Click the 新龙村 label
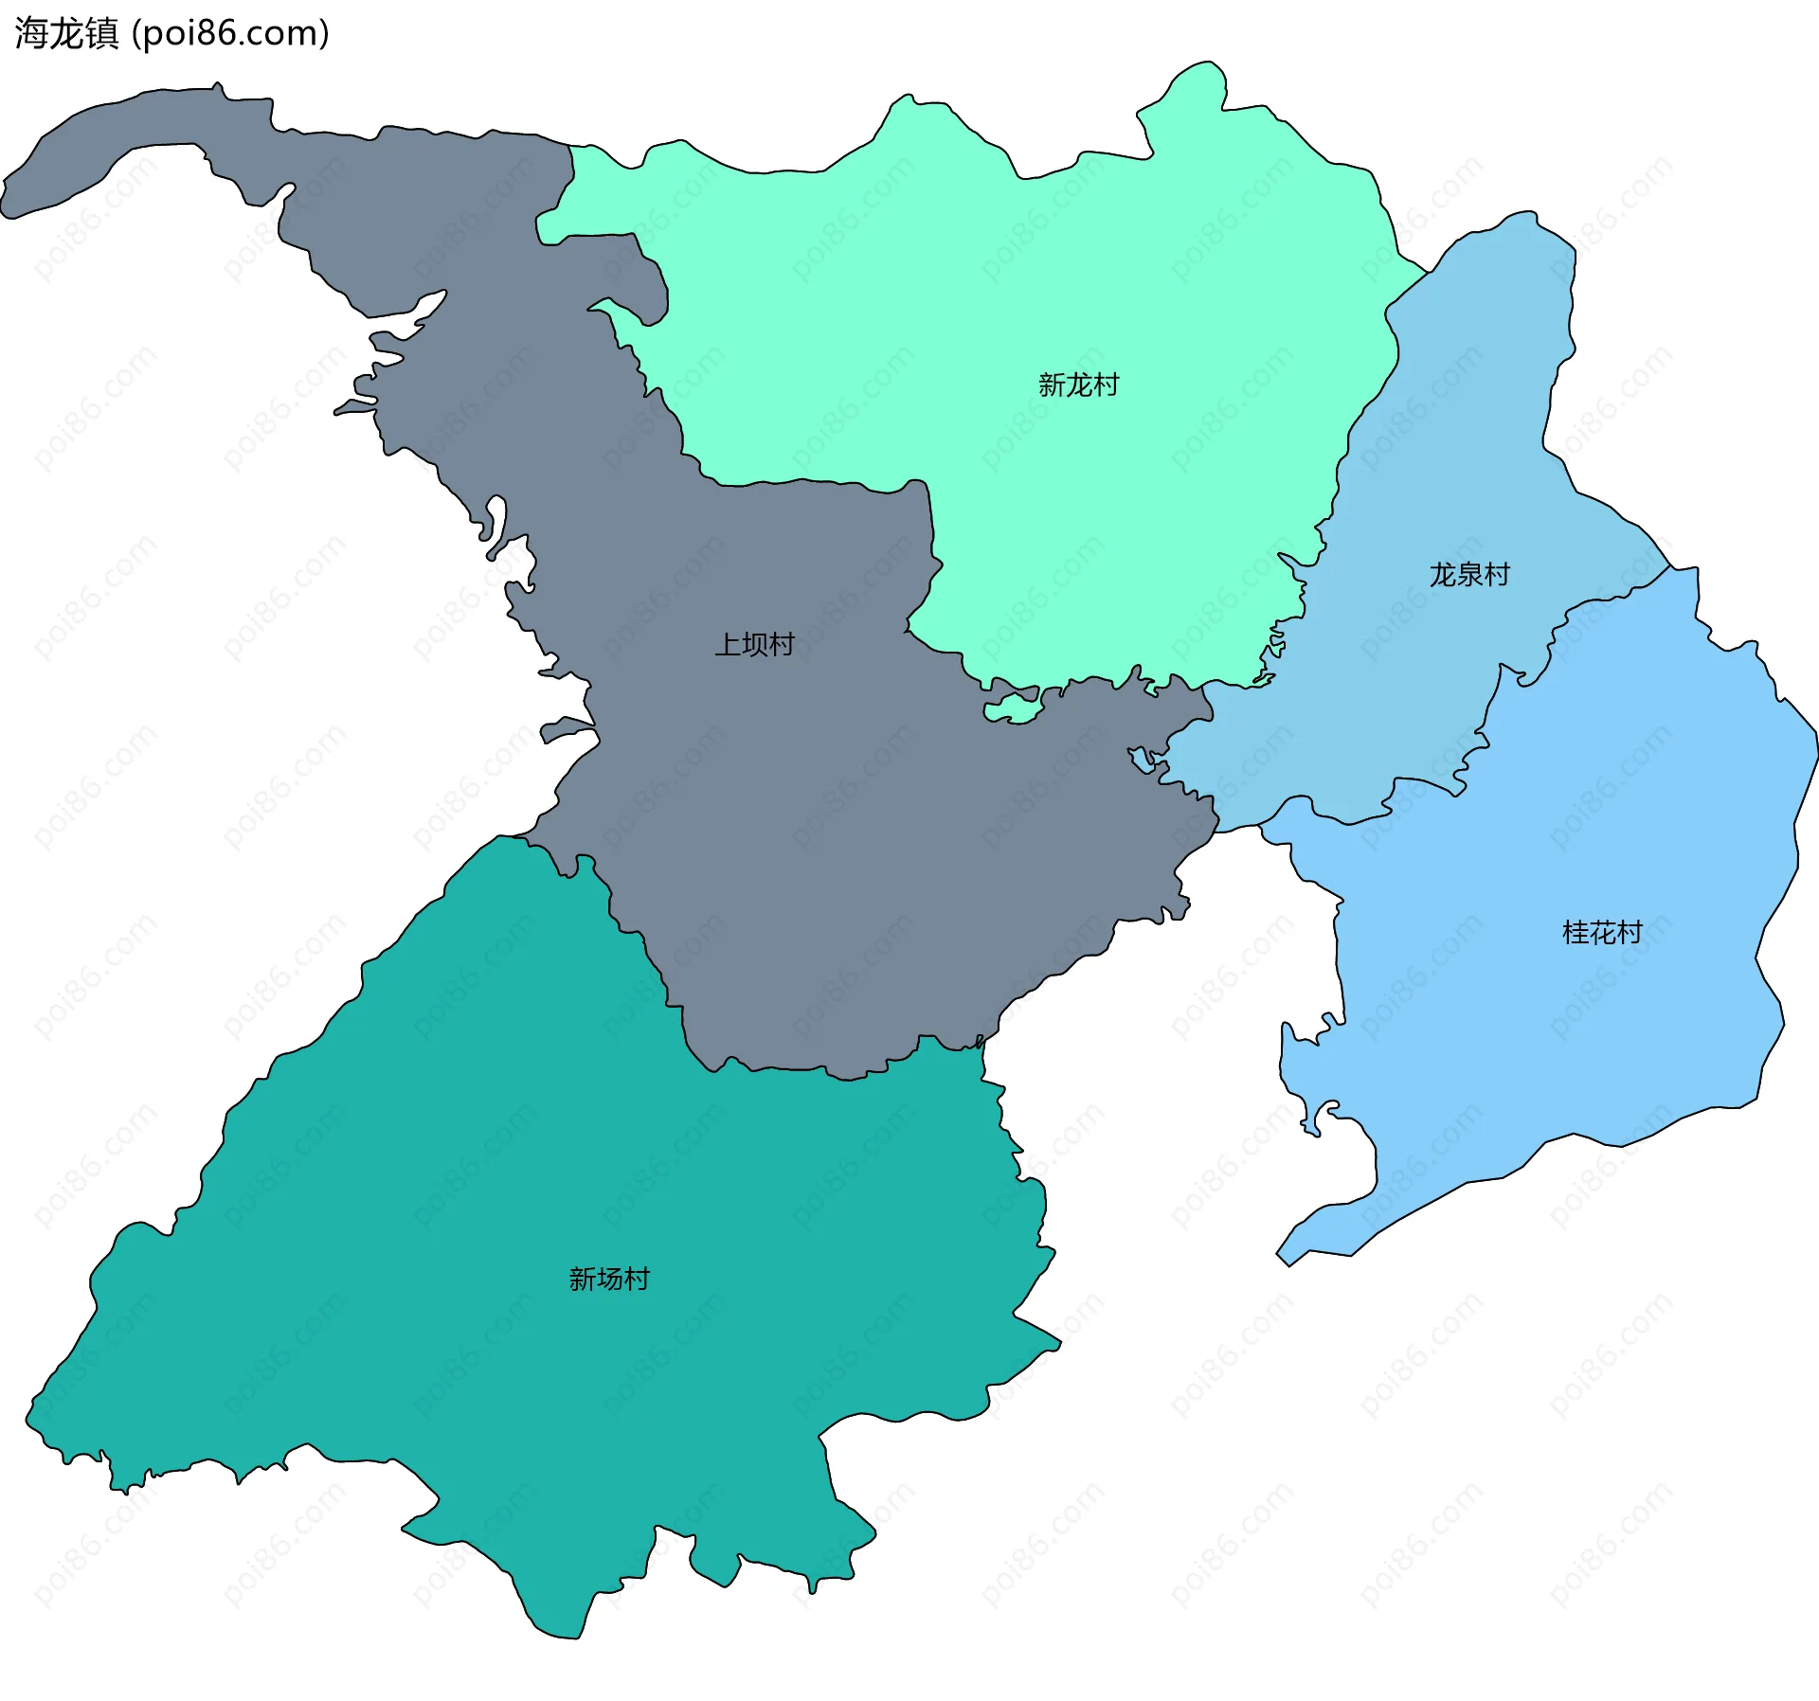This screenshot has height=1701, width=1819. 1078,385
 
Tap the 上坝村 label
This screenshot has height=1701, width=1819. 754,645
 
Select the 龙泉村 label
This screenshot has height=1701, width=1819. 1469,575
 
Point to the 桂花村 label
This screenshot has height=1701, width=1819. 1602,933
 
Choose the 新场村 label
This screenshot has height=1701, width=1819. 609,1280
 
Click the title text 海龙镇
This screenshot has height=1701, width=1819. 66,33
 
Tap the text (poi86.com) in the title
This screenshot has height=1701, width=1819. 230,33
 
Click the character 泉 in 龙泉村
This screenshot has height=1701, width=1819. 1469,575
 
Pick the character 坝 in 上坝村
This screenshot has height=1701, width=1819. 755,645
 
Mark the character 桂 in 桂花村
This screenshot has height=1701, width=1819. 1576,933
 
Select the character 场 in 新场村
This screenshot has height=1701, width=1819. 609,1280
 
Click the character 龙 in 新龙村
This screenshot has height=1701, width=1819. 1078,385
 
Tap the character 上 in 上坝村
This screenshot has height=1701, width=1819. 728,645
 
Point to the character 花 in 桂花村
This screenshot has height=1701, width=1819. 1602,933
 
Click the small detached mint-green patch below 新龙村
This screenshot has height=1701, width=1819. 1011,709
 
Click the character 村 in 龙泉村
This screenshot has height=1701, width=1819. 1497,575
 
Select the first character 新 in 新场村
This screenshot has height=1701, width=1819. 582,1280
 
